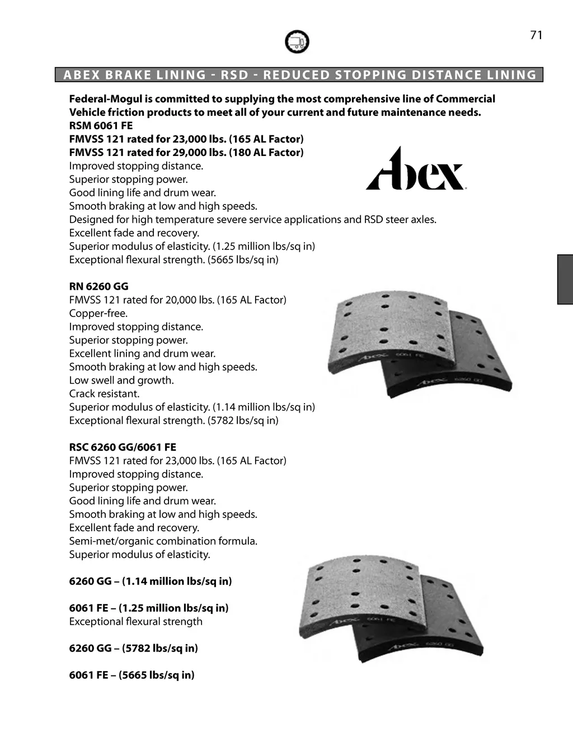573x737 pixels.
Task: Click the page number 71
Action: click(536, 35)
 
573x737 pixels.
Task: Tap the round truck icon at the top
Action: click(297, 42)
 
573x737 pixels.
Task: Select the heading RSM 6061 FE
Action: click(101, 126)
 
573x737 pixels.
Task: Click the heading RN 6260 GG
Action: click(98, 286)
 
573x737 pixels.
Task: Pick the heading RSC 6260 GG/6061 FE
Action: click(123, 447)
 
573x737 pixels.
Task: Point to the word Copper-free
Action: click(98, 313)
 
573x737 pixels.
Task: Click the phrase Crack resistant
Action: click(104, 394)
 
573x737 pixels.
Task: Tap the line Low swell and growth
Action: click(121, 380)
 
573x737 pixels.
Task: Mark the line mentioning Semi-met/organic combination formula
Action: click(163, 541)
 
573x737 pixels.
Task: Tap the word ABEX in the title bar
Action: click(82, 75)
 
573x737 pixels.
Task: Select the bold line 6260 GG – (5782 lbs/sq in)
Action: click(134, 649)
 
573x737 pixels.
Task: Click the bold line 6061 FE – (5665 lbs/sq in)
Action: click(132, 675)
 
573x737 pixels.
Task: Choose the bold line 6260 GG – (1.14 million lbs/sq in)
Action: click(151, 582)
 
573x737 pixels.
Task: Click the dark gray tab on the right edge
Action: click(565, 279)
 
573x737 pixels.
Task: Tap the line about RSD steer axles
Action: click(252, 220)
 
